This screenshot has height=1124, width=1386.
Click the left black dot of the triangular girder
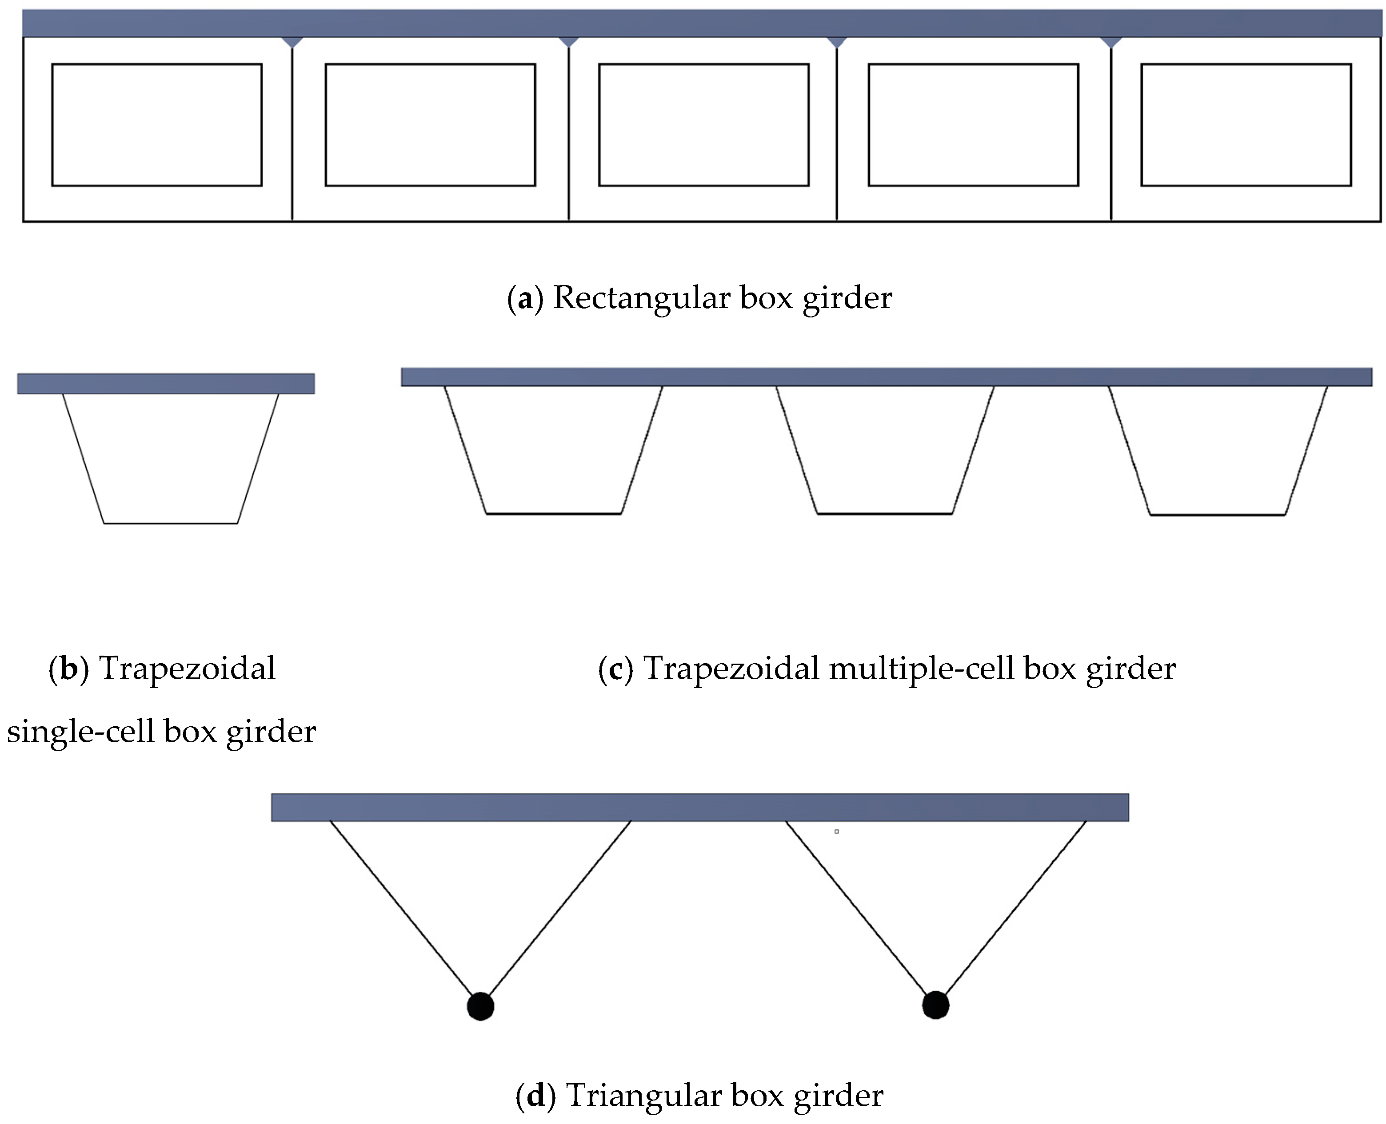pos(480,1006)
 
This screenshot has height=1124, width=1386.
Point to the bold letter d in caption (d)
pos(536,1096)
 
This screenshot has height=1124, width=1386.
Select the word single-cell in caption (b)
pos(80,732)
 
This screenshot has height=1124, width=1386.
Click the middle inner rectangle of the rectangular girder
pos(704,124)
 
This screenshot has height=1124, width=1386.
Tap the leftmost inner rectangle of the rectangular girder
pos(157,124)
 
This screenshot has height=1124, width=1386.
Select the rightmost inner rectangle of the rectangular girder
pos(1246,124)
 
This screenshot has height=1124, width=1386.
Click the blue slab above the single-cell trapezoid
pos(166,383)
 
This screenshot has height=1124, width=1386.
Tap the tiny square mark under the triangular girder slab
pos(836,831)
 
